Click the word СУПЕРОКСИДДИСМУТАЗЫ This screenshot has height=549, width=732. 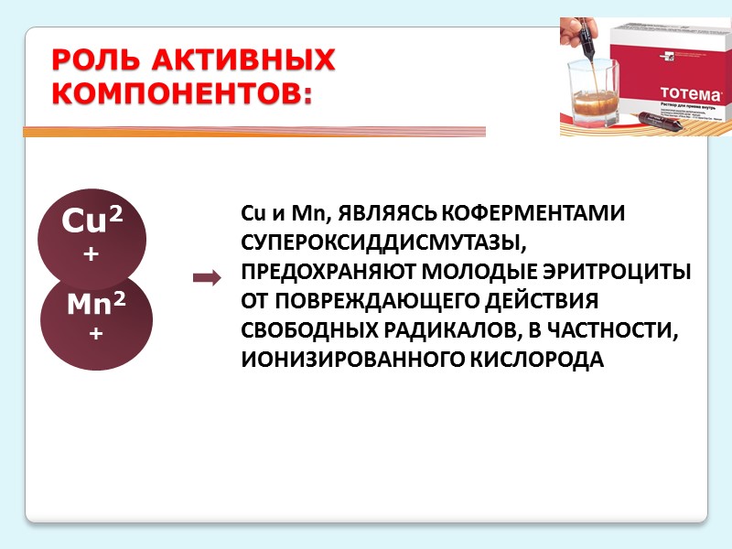[384, 243]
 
